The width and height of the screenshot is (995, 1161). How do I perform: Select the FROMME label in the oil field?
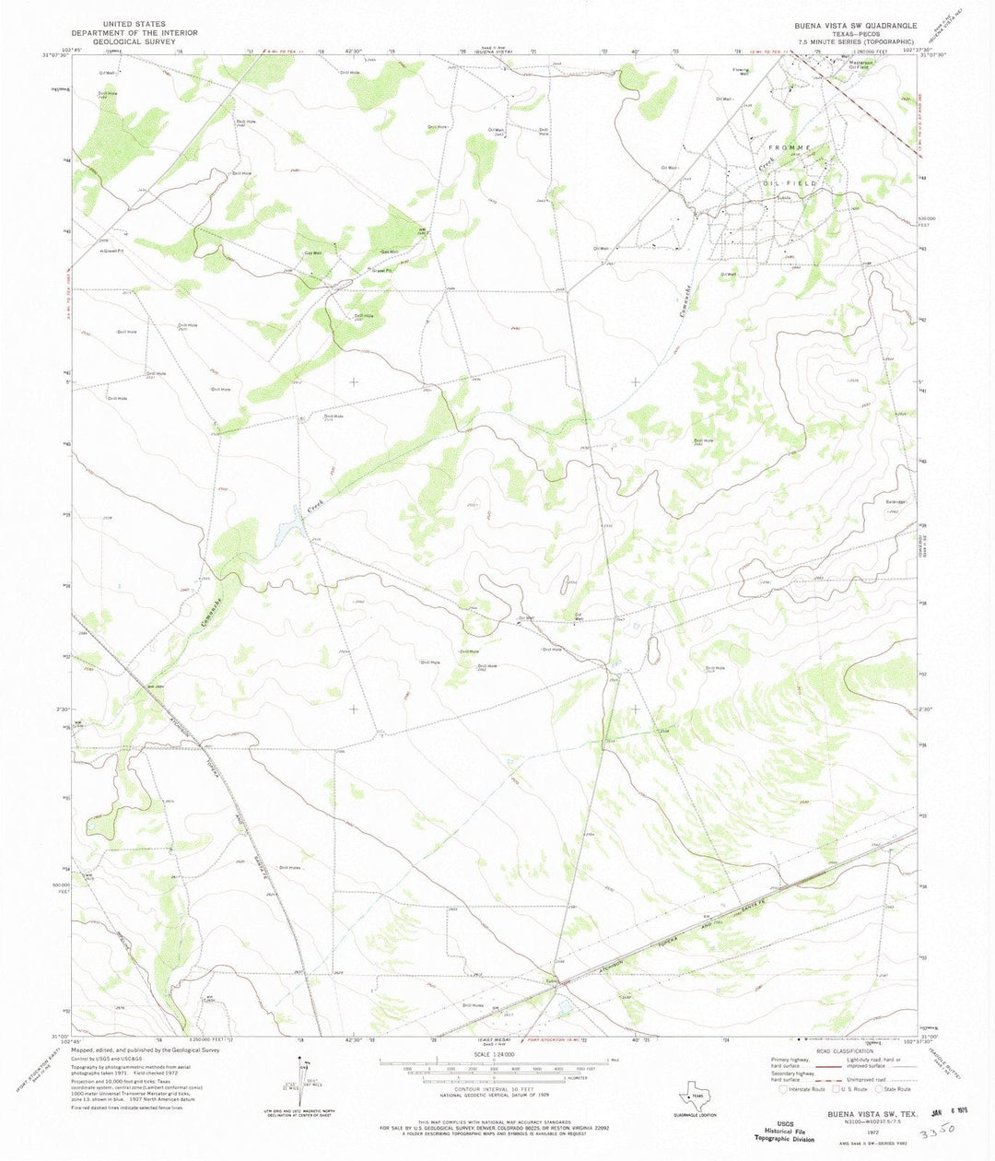coord(786,147)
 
